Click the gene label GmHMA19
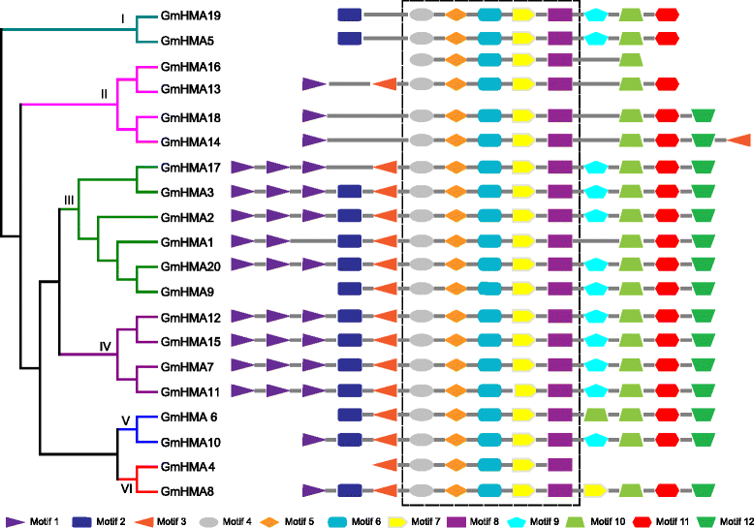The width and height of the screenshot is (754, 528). (x=191, y=16)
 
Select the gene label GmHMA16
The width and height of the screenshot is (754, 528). (x=191, y=66)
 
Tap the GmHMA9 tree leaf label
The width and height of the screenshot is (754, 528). (x=187, y=290)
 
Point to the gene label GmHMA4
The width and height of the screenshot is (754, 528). (x=187, y=466)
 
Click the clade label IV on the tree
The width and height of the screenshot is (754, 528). (x=107, y=344)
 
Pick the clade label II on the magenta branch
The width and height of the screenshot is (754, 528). (x=105, y=93)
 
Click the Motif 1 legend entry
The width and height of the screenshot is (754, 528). (x=32, y=521)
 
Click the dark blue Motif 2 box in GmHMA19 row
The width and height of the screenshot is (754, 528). (x=349, y=15)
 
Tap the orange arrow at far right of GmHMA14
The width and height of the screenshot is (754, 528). (x=739, y=140)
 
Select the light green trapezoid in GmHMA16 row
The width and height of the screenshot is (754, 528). (x=631, y=61)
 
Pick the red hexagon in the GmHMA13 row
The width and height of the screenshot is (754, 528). (x=667, y=85)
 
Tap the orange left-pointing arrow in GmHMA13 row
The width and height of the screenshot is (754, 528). (x=386, y=85)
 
